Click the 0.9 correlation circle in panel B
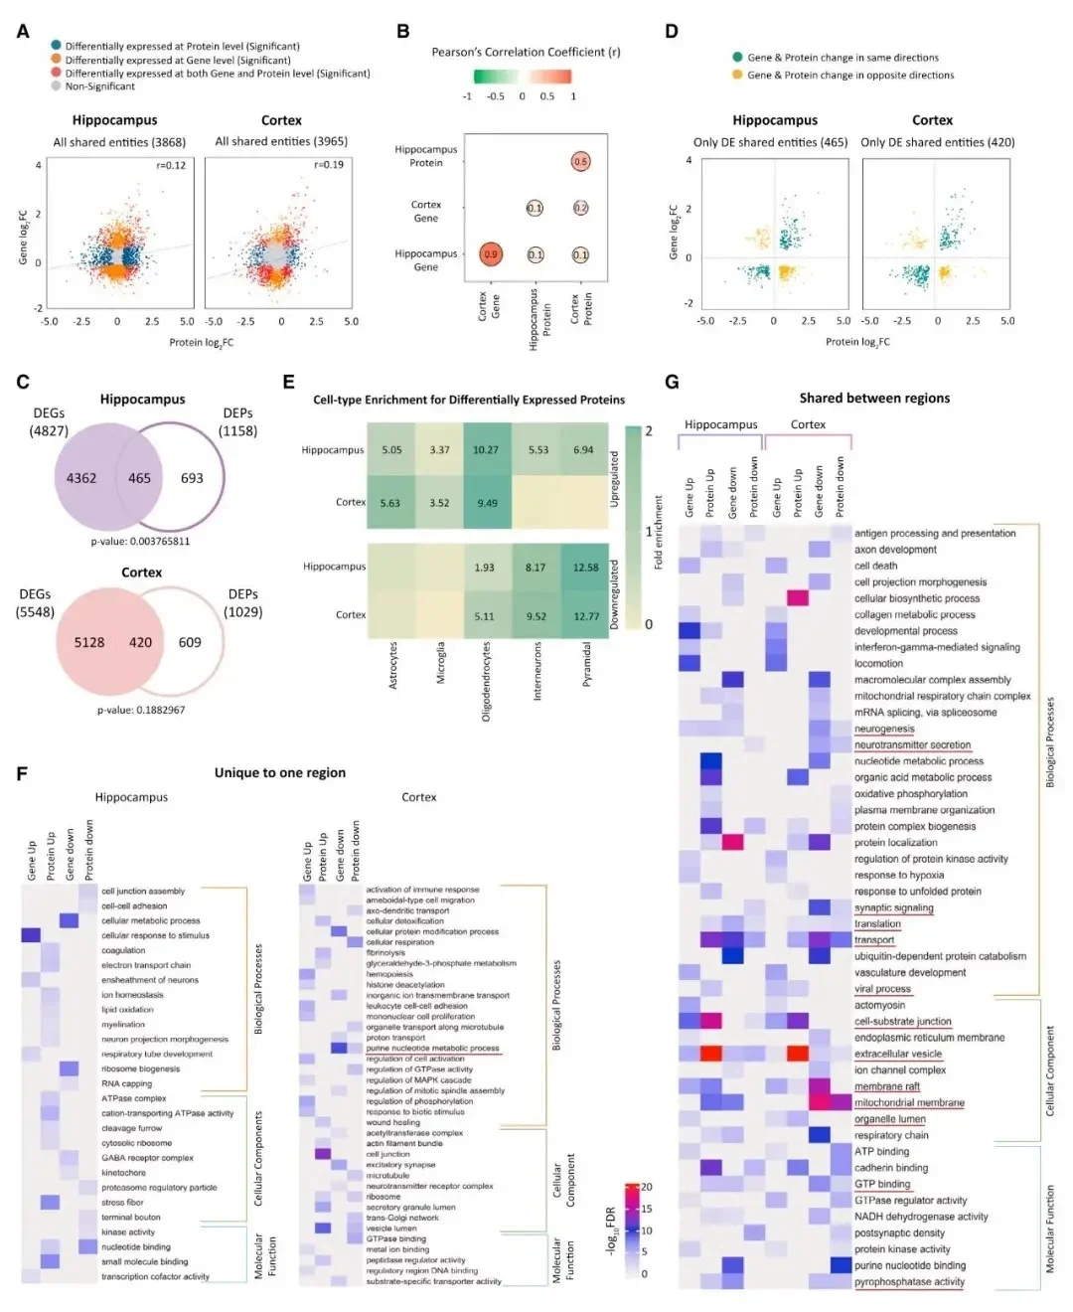tap(491, 254)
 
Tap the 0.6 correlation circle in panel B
tap(580, 161)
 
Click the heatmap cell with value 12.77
tap(586, 616)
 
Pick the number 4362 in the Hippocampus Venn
tap(81, 478)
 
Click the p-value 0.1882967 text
tap(141, 710)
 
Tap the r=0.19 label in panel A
tap(329, 165)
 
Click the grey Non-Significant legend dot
tap(56, 86)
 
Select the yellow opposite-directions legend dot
tap(737, 75)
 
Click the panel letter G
tap(672, 382)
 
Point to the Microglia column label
tap(440, 663)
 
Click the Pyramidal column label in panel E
tap(586, 664)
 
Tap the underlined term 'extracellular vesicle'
tap(897, 1054)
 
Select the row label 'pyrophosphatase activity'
tap(909, 1281)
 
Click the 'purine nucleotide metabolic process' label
tap(432, 1048)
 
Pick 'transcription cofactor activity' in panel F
tap(155, 1276)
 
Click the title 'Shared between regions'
tap(874, 398)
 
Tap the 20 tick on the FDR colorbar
tap(647, 1187)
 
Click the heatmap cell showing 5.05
tap(391, 450)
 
